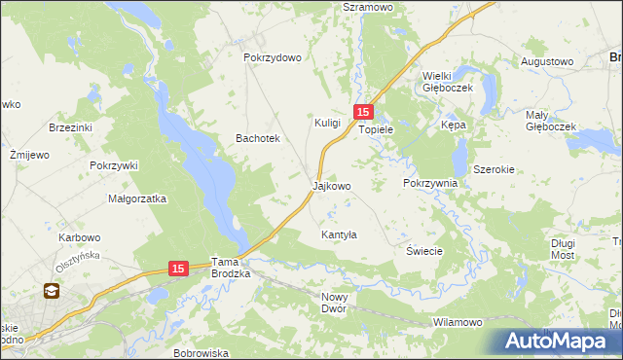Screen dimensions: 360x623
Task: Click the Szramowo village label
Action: (366, 7)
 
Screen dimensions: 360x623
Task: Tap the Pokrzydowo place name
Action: (273, 57)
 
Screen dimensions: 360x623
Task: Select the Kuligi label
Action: (327, 123)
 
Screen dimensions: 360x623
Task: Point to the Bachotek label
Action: (258, 138)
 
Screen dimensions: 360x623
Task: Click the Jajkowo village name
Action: (331, 185)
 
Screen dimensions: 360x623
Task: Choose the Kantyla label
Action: (340, 234)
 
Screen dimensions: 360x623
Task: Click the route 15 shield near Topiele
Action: (363, 113)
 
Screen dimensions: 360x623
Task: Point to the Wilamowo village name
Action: (458, 321)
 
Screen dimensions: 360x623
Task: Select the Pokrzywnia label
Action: (429, 183)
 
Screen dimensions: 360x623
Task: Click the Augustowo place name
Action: (546, 61)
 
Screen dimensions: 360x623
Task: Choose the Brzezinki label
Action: (70, 127)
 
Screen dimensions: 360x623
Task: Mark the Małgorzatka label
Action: (137, 198)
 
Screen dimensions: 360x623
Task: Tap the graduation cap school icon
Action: (50, 290)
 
